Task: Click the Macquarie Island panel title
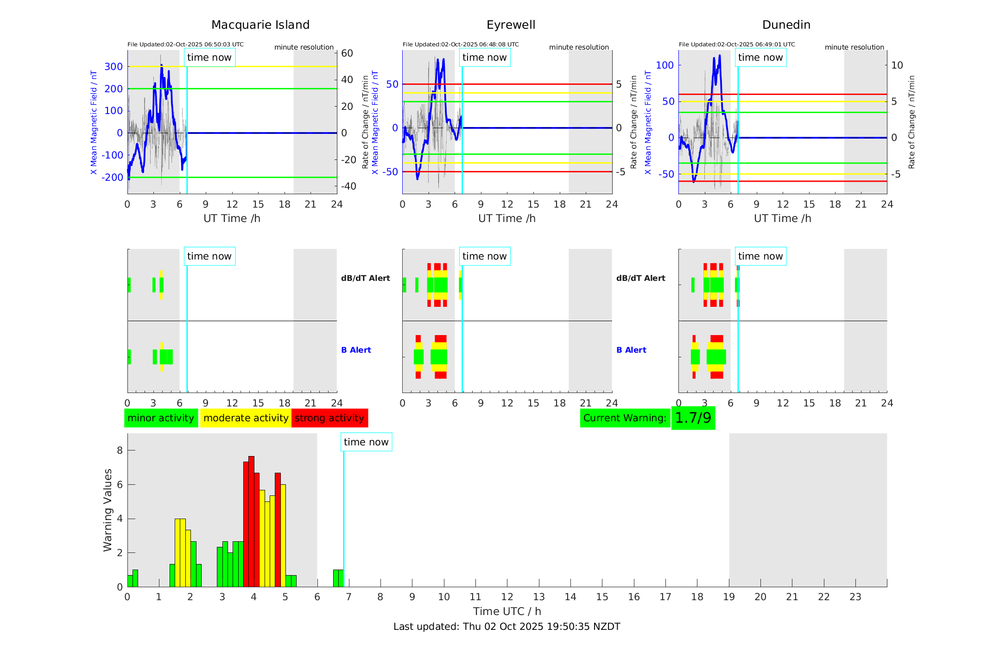point(260,25)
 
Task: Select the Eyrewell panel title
point(511,25)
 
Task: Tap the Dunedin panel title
point(786,25)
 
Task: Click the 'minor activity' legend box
point(161,418)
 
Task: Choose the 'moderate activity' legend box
point(246,418)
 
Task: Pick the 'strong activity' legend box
point(329,418)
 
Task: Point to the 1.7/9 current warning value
point(693,418)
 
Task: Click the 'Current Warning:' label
point(625,418)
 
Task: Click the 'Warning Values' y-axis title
point(108,510)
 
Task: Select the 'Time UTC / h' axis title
point(507,611)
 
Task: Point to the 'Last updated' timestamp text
point(506,627)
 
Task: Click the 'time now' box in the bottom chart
point(366,442)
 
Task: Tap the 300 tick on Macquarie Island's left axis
point(114,67)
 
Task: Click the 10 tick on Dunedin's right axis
point(897,65)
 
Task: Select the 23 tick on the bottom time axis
point(855,597)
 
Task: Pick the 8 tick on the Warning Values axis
point(120,450)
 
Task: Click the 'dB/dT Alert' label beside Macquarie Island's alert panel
point(365,278)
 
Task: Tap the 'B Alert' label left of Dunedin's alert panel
point(631,350)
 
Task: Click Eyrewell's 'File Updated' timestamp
point(461,44)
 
